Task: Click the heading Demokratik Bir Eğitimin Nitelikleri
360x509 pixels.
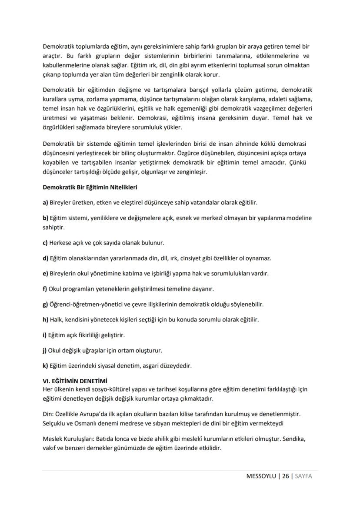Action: (90, 188)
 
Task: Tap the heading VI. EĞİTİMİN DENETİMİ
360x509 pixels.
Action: (75, 381)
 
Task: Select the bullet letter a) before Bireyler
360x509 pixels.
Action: (45, 203)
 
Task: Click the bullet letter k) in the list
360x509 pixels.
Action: (45, 365)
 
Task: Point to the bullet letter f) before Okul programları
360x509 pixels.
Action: (45, 288)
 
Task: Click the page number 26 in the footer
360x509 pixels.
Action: (285, 476)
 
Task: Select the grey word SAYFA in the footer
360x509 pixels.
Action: (303, 476)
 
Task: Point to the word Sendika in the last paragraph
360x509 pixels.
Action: (294, 439)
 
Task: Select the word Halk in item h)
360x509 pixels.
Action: (57, 319)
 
